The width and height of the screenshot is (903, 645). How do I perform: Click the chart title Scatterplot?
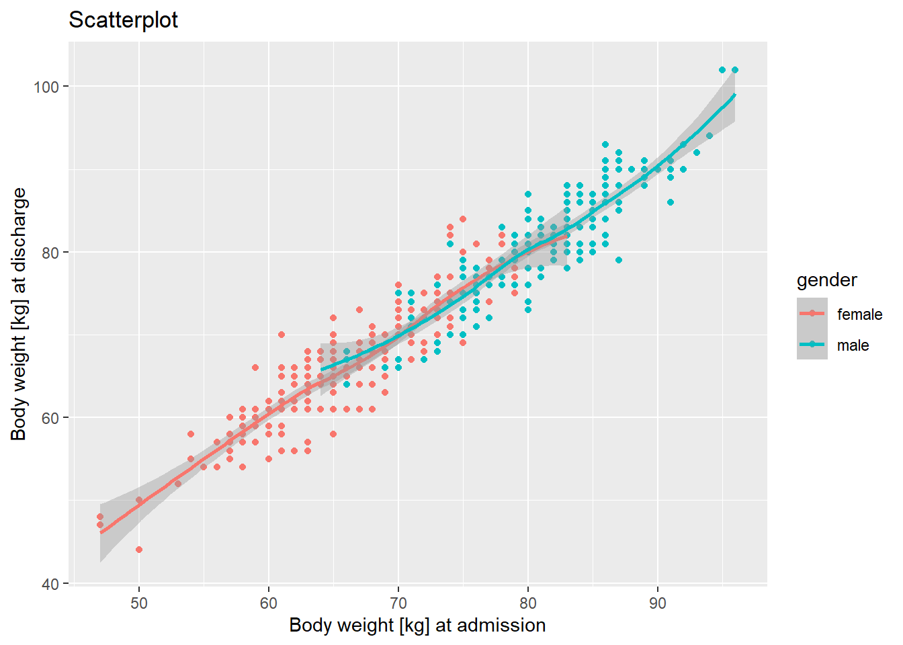[x=123, y=20]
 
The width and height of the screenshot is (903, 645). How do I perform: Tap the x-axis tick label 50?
[x=139, y=603]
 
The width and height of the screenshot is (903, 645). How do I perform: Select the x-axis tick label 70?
[x=398, y=603]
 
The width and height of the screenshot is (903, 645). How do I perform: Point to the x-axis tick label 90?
[x=658, y=603]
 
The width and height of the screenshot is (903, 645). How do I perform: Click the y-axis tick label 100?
[x=46, y=87]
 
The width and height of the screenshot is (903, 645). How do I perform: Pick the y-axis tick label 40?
[x=50, y=584]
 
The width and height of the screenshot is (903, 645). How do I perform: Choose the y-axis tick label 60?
[x=50, y=418]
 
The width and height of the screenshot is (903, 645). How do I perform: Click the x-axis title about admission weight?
[x=417, y=626]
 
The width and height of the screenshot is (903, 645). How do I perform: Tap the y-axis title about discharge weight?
[x=19, y=314]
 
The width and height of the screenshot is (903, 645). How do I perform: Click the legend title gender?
[x=826, y=280]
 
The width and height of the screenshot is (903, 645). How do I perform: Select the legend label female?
[x=859, y=314]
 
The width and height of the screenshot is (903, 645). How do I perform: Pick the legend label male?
[x=853, y=345]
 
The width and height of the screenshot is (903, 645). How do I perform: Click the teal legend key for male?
[x=812, y=345]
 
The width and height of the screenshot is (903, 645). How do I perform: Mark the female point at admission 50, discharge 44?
[x=139, y=550]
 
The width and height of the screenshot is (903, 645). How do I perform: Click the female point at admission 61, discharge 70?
[x=282, y=335]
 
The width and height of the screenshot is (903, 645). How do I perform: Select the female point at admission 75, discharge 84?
[x=463, y=219]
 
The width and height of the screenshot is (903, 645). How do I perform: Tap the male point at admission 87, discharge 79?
[x=619, y=260]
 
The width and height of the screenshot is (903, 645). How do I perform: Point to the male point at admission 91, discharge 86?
[x=671, y=202]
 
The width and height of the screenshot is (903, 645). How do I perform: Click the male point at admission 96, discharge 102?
[x=735, y=70]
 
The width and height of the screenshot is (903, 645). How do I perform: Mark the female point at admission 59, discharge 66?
[x=255, y=368]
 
